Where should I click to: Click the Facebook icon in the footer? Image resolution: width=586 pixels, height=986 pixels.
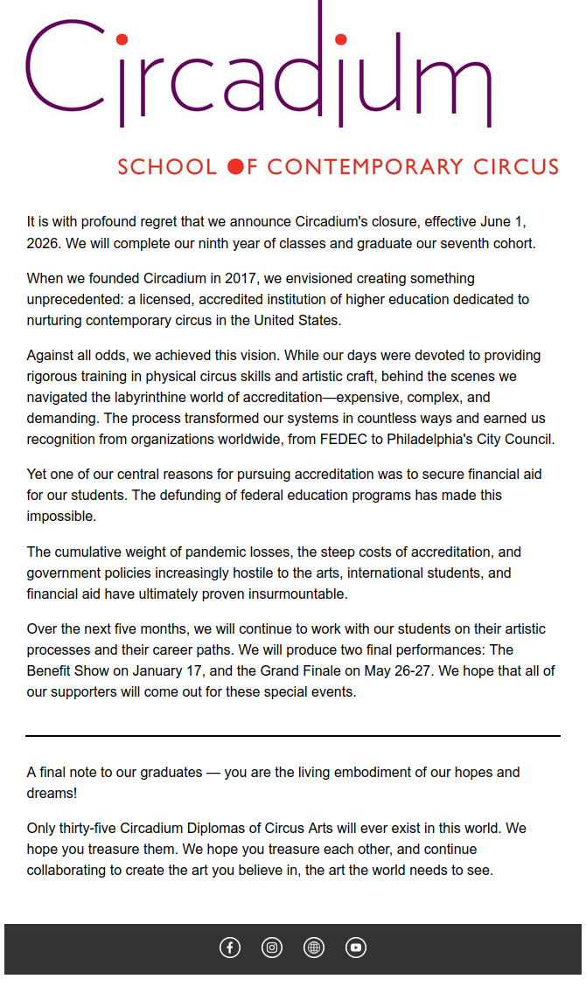point(230,948)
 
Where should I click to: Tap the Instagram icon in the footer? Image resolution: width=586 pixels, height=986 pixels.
point(272,948)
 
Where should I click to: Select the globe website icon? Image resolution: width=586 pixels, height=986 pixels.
point(314,948)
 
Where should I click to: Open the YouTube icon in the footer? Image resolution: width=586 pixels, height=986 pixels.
point(356,948)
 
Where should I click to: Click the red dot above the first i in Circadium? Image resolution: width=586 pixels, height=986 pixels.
point(122,39)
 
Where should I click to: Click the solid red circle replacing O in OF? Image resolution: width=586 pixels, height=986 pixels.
point(235,166)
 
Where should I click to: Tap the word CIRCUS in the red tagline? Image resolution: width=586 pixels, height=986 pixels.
point(516,166)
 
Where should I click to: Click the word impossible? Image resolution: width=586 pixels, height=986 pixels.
point(60,516)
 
